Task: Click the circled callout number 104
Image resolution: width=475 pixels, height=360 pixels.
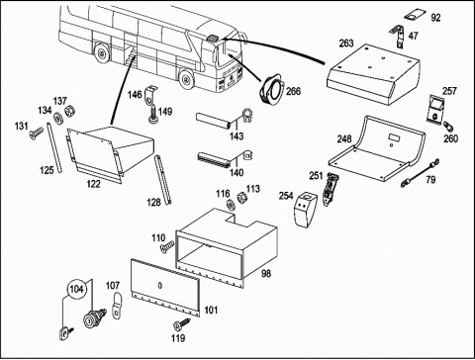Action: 76,289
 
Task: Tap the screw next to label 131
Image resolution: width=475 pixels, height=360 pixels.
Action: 36,133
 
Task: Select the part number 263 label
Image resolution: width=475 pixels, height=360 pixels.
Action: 346,44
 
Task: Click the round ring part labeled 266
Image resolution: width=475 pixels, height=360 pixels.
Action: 270,90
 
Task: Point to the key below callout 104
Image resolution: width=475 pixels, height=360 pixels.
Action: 65,332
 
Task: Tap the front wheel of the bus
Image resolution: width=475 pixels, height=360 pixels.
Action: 187,79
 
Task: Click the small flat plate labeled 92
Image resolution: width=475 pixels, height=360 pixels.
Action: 416,15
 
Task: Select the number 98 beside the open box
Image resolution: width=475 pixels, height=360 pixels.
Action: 265,273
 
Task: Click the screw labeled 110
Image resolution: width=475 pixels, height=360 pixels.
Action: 166,246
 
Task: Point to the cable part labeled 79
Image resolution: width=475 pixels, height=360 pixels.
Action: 420,173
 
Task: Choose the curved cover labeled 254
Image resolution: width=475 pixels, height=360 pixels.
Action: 306,210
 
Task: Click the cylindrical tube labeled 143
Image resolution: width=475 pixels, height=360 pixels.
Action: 213,121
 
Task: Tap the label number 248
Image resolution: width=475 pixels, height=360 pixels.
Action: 344,138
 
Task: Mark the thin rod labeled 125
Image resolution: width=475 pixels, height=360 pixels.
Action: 54,147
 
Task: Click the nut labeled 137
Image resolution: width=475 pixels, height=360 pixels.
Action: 70,111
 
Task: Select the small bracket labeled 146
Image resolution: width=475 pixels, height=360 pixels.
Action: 150,94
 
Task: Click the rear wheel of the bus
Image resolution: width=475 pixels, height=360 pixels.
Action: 102,52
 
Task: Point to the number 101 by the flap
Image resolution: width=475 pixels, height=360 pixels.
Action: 211,310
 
